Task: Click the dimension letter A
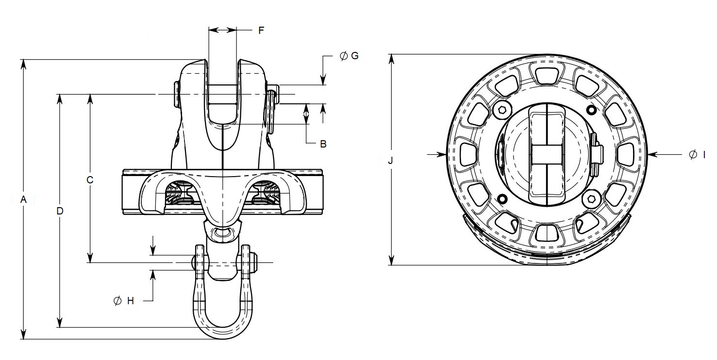click(23, 199)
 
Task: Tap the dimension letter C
click(90, 180)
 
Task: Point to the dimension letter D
click(60, 211)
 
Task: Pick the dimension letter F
click(261, 31)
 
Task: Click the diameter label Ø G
click(349, 56)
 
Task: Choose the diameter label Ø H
click(123, 301)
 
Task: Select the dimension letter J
click(391, 161)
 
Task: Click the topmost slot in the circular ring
click(547, 74)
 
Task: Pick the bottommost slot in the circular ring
click(547, 234)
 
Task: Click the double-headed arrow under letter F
click(222, 31)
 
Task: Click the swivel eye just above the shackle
click(223, 233)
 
